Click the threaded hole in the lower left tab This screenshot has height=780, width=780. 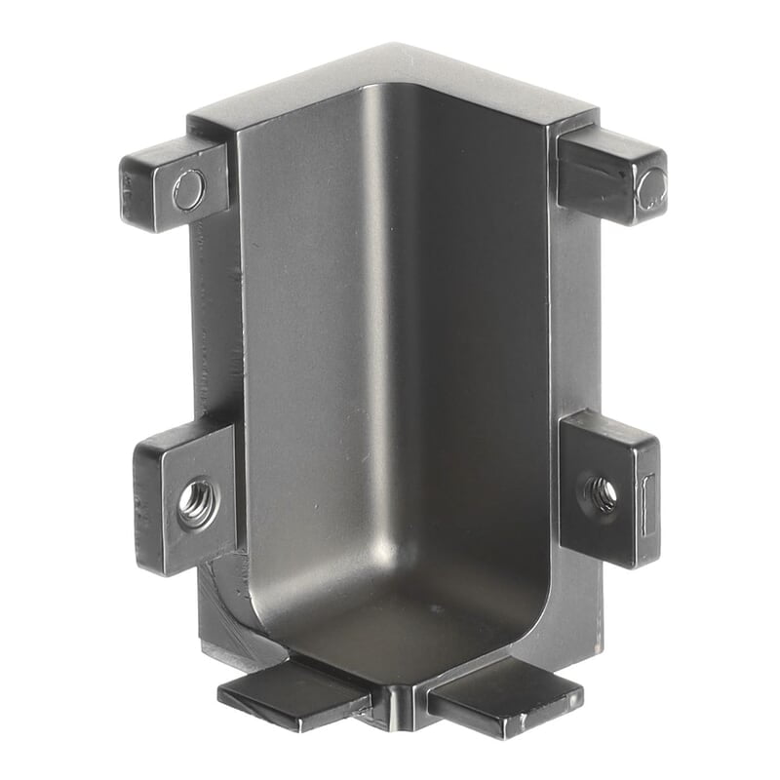point(196,504)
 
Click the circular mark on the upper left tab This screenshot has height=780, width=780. point(189,189)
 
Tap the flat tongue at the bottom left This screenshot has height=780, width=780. point(292,694)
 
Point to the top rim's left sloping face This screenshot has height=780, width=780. point(292,88)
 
